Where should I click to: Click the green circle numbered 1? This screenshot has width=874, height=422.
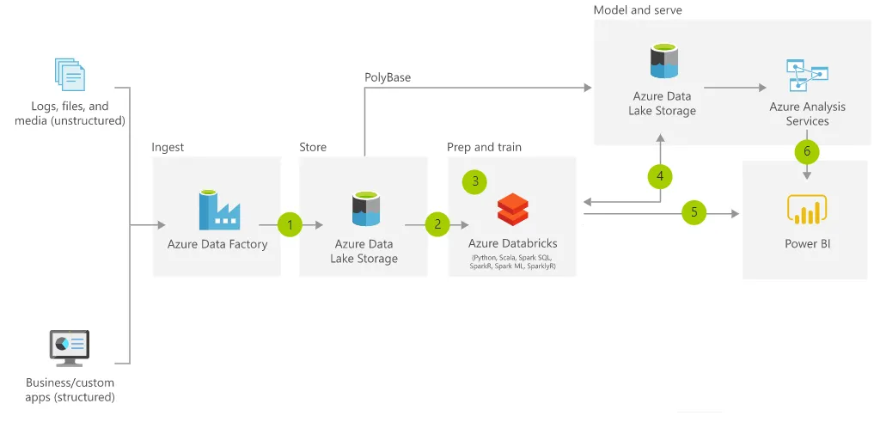pos(290,225)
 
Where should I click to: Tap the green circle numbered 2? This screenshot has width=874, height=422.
pos(437,225)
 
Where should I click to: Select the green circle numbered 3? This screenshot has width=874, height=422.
pos(474,181)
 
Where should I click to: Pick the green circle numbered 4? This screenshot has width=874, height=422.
pos(660,176)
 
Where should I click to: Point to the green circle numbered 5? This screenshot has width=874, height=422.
pos(694,212)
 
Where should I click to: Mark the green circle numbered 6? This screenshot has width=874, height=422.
pos(806,151)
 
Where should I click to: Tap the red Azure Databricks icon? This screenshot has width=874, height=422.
pos(513,210)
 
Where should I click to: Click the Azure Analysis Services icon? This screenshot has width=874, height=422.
pos(807,76)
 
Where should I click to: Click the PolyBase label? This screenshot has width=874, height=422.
pos(388,77)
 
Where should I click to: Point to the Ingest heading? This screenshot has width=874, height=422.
pos(168,147)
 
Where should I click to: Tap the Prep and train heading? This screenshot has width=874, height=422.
pos(484,147)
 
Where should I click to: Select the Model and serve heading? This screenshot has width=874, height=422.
pos(638,9)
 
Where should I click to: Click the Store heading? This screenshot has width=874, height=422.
pos(313,147)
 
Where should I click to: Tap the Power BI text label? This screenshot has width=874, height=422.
pos(807,243)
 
